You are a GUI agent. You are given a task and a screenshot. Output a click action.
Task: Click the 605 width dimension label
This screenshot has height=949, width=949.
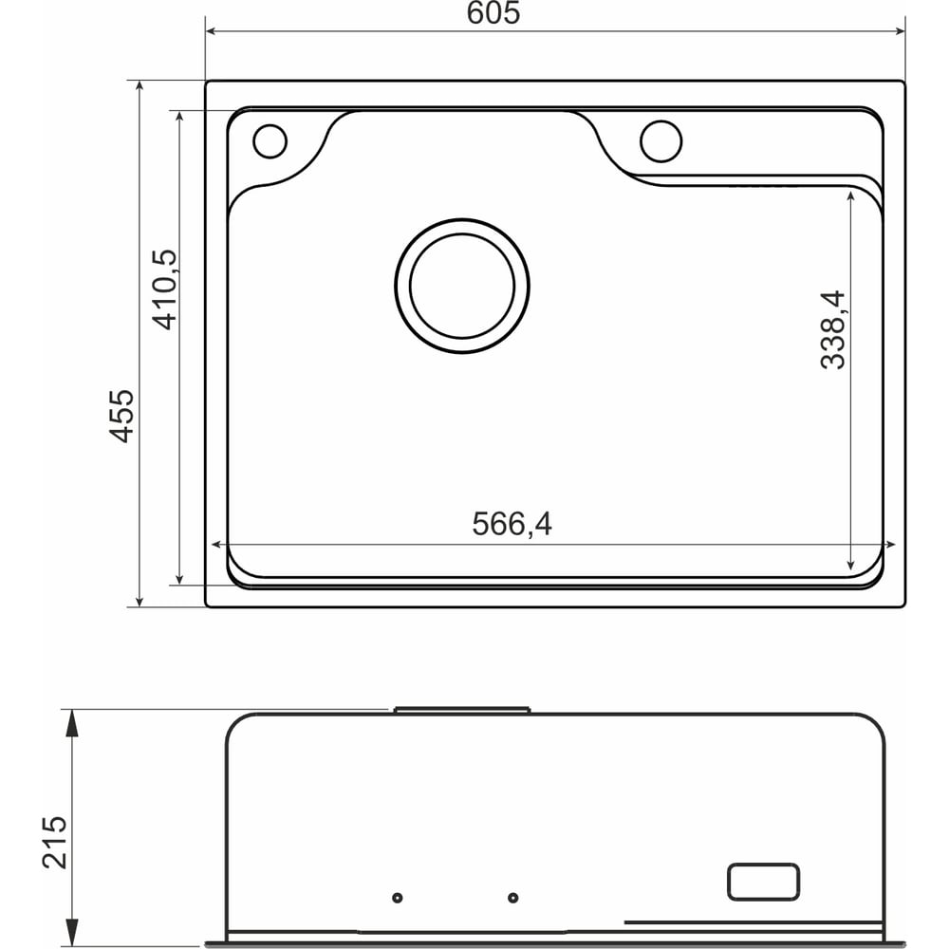pyautogui.click(x=493, y=13)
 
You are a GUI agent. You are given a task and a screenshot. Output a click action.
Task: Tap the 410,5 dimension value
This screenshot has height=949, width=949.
pyautogui.click(x=165, y=289)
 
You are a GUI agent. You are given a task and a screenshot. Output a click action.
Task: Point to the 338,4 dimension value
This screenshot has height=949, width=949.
pyautogui.click(x=833, y=330)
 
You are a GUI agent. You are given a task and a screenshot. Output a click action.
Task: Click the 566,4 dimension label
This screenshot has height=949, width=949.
pyautogui.click(x=512, y=524)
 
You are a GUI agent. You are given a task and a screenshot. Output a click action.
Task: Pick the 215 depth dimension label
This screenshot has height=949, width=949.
pyautogui.click(x=55, y=842)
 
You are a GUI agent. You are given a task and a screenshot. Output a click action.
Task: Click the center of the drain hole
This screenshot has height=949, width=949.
pyautogui.click(x=462, y=286)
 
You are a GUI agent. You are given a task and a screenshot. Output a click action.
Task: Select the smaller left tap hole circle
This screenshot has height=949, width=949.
pyautogui.click(x=270, y=141)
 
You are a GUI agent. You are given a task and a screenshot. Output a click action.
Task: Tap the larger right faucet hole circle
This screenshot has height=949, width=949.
pyautogui.click(x=661, y=141)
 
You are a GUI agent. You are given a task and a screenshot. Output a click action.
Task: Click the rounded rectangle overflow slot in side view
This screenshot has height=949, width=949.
pyautogui.click(x=763, y=882)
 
